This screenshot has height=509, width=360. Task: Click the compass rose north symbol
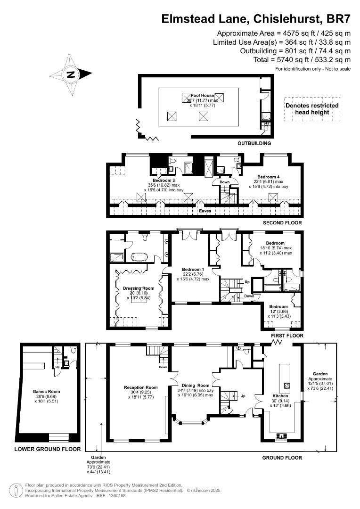click(x=71, y=74)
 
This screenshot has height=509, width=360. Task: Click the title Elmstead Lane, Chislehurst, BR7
click(x=256, y=18)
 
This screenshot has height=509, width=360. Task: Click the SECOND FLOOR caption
click(x=283, y=223)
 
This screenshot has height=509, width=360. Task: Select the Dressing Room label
click(x=139, y=288)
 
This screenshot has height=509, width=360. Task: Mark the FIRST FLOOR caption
click(x=287, y=336)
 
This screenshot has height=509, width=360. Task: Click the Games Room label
click(x=46, y=391)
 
